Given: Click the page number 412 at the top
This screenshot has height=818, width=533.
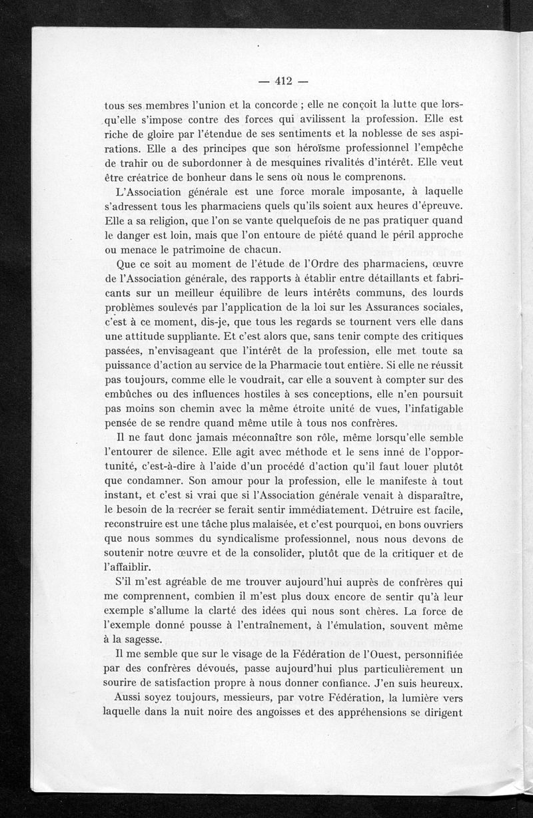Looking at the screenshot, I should (x=284, y=82).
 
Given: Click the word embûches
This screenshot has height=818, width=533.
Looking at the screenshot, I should (x=131, y=395).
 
